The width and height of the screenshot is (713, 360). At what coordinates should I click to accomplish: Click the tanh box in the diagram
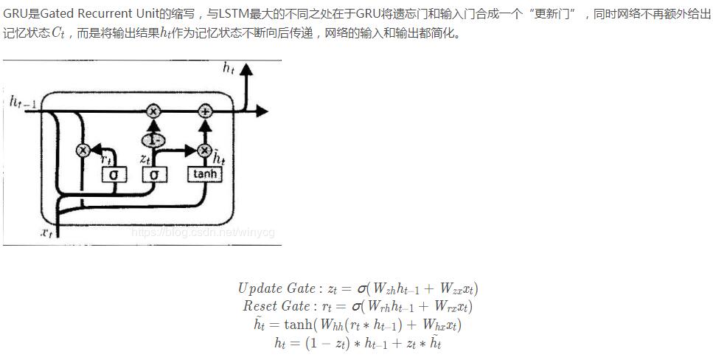(205, 174)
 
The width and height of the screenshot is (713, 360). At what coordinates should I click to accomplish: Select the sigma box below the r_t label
(114, 175)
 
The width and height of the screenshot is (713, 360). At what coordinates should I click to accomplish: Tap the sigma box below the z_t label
(154, 175)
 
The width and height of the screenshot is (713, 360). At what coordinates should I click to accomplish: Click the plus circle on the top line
(205, 111)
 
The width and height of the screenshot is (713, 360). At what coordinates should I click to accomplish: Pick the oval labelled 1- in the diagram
(153, 140)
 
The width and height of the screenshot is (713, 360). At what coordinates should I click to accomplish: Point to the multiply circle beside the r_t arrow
(83, 150)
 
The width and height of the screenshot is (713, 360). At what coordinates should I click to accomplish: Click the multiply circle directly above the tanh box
(205, 150)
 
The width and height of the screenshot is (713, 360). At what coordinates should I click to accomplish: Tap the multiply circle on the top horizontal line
(153, 111)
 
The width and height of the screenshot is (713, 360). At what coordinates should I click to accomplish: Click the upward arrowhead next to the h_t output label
(246, 70)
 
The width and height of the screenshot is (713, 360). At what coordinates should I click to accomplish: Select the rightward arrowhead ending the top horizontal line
(262, 111)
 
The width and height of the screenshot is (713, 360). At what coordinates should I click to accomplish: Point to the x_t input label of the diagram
(46, 232)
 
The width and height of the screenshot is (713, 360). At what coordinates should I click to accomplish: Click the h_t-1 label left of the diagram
(23, 102)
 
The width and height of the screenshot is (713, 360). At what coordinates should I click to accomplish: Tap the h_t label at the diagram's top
(229, 68)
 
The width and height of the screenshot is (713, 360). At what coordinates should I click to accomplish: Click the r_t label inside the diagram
(107, 158)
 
